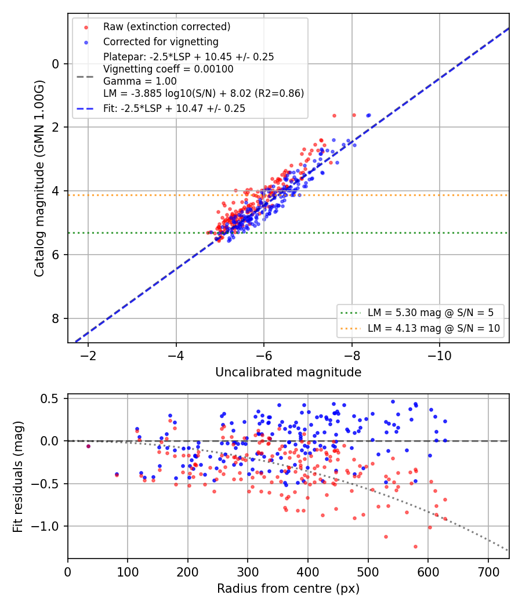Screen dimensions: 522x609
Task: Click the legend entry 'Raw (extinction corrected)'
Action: tap(166, 27)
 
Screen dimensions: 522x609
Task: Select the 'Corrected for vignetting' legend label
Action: tap(161, 42)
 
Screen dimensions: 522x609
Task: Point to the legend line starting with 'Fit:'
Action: tap(174, 108)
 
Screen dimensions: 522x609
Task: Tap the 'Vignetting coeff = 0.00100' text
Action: tap(168, 69)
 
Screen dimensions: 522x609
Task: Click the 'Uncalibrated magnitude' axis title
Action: tap(288, 372)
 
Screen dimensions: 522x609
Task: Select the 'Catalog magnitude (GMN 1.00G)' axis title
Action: tap(39, 178)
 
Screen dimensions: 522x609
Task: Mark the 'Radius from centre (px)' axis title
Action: tap(288, 589)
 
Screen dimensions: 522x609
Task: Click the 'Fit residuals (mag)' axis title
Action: tap(18, 477)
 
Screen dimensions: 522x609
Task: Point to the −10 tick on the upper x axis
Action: tap(440, 356)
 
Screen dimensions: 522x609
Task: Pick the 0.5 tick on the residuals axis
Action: tap(50, 399)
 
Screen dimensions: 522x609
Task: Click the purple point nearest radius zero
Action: tap(89, 446)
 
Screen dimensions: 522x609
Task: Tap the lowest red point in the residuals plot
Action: tap(415, 546)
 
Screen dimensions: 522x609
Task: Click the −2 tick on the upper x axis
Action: tap(88, 356)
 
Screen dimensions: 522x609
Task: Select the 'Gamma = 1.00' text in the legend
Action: tap(140, 81)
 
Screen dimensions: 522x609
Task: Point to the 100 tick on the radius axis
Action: tap(128, 572)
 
